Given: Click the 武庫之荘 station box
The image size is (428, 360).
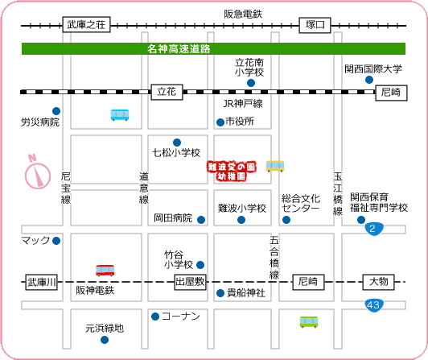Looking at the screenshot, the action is pyautogui.click(x=86, y=25).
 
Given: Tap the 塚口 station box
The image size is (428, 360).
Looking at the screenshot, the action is pyautogui.click(x=315, y=25).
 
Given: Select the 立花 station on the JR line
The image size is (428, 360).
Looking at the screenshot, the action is pyautogui.click(x=167, y=92).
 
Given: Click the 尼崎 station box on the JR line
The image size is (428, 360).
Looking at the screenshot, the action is pyautogui.click(x=391, y=93).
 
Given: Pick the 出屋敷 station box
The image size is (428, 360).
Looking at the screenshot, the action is pyautogui.click(x=190, y=282).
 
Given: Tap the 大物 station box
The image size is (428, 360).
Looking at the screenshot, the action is pyautogui.click(x=378, y=282).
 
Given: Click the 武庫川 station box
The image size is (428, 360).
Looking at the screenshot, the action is pyautogui.click(x=42, y=282).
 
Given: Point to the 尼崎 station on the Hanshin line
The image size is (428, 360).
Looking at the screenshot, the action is pyautogui.click(x=308, y=282).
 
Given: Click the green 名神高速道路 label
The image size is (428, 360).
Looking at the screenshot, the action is pyautogui.click(x=179, y=49).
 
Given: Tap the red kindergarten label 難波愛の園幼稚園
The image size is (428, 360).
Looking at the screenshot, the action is pyautogui.click(x=232, y=171).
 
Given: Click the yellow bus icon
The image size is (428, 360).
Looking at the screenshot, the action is pyautogui.click(x=275, y=166).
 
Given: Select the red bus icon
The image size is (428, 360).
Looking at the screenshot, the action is pyautogui.click(x=105, y=271).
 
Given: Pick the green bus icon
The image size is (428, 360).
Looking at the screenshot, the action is pyautogui.click(x=309, y=321).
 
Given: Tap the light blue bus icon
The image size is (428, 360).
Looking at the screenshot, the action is pyautogui.click(x=120, y=115).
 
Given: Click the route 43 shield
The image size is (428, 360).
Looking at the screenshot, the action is pyautogui.click(x=373, y=305).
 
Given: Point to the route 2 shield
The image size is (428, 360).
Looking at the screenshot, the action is pyautogui.click(x=374, y=229).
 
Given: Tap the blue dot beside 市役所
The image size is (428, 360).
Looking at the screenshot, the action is pyautogui.click(x=220, y=122).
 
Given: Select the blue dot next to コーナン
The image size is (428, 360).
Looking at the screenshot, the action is pyautogui.click(x=155, y=317).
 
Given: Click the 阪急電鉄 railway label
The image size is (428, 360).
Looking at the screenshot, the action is pyautogui.click(x=243, y=14).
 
